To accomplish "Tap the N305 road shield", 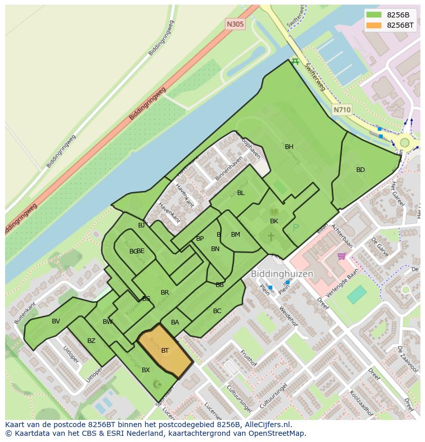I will tap(235, 24).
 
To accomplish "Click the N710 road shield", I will tap(342, 110).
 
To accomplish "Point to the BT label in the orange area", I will tap(165, 351).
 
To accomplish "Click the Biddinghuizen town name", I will tap(282, 274).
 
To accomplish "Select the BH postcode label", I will tap(289, 147).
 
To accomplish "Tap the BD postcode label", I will tap(360, 170).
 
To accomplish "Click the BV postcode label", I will tap(56, 321).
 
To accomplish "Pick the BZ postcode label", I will tap(91, 341).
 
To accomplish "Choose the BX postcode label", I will tap(146, 370).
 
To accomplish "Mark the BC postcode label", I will tap(217, 311).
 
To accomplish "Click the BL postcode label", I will tap(241, 193).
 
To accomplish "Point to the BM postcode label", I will tap(235, 235).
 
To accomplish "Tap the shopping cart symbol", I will tap(341, 256).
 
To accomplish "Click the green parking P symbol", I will tap(295, 227).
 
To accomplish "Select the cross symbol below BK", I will tap(271, 237).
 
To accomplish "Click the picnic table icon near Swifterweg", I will tap(295, 62).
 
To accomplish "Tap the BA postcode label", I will tap(175, 322).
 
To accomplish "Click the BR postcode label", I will tap(165, 293).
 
